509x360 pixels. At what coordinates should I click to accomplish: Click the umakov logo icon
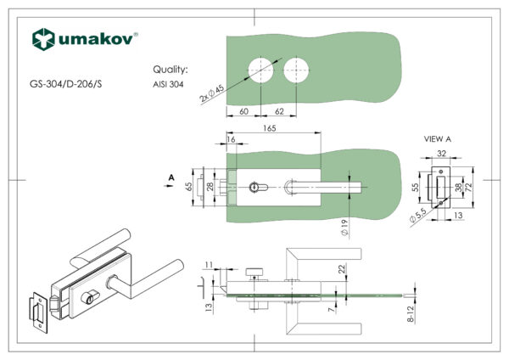pos(42,38)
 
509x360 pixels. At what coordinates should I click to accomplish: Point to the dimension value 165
pos(270,128)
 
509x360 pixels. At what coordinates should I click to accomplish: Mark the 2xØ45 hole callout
pos(212,93)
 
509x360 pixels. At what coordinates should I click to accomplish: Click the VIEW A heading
pos(438,138)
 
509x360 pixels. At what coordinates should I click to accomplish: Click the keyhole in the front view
pos(257,185)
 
